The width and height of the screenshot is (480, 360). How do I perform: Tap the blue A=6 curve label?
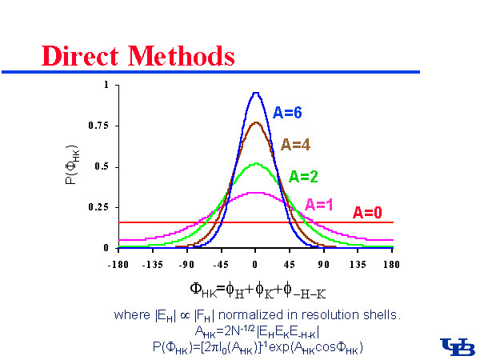pos(287,113)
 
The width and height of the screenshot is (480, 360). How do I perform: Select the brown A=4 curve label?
pos(295,145)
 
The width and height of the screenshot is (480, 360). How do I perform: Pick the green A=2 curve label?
pos(304,176)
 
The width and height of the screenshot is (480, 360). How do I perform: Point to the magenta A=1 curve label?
pos(318,204)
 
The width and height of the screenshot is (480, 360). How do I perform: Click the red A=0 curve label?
pos(367,213)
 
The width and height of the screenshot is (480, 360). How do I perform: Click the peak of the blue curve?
pos(255,93)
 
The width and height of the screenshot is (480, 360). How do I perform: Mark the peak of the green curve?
pos(255,163)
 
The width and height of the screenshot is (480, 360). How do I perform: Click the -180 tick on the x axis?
pos(118,262)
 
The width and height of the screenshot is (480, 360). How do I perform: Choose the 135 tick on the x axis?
pos(358,262)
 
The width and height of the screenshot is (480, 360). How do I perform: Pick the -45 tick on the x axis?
pos(221,262)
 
